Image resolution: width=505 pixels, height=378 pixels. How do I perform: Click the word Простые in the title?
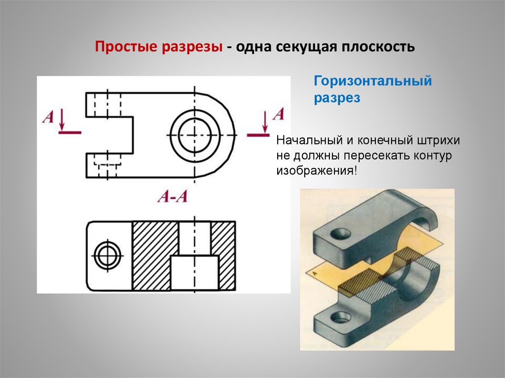[x=126, y=47]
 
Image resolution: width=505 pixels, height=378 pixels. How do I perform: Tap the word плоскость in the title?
[x=378, y=47]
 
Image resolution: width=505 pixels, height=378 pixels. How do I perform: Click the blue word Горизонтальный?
[x=373, y=81]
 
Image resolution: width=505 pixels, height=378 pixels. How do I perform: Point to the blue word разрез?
[x=337, y=98]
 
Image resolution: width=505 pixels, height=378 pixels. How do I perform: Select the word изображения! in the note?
[x=317, y=171]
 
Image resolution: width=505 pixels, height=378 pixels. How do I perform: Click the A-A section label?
[x=173, y=196]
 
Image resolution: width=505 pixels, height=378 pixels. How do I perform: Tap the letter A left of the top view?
[x=48, y=117]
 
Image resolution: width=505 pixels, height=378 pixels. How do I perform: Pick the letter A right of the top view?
[x=279, y=114]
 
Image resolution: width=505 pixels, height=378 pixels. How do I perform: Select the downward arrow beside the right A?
[x=265, y=122]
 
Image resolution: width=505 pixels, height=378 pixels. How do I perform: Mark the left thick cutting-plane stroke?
[x=70, y=132]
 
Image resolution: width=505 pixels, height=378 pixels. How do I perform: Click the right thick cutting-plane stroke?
[x=258, y=135]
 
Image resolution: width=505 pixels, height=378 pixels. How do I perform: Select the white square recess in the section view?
[x=194, y=273]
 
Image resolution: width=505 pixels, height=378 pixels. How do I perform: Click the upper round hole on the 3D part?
[x=341, y=234]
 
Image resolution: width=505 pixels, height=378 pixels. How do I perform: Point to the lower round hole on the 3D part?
[x=339, y=317]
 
